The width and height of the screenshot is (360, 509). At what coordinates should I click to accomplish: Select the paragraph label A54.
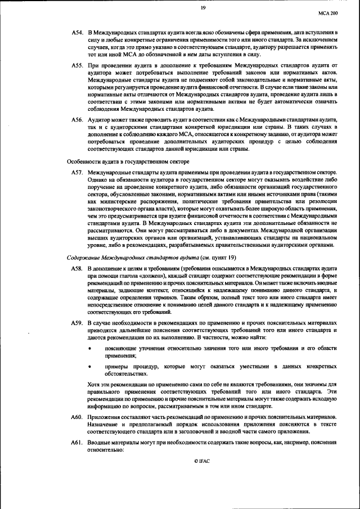[x=77, y=34]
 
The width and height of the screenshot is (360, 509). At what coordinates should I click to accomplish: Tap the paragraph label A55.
[x=77, y=66]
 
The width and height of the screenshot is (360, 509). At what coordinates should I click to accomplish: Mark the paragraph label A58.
[x=77, y=270]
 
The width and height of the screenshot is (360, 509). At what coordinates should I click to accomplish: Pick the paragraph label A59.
[x=77, y=323]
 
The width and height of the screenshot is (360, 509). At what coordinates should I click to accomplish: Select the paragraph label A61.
[x=77, y=444]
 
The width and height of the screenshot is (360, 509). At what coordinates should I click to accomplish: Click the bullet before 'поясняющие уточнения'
[x=90, y=349]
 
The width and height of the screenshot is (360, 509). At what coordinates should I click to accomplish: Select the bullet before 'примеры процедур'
[x=90, y=366]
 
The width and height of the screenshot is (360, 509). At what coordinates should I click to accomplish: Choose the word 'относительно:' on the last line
[x=105, y=451]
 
